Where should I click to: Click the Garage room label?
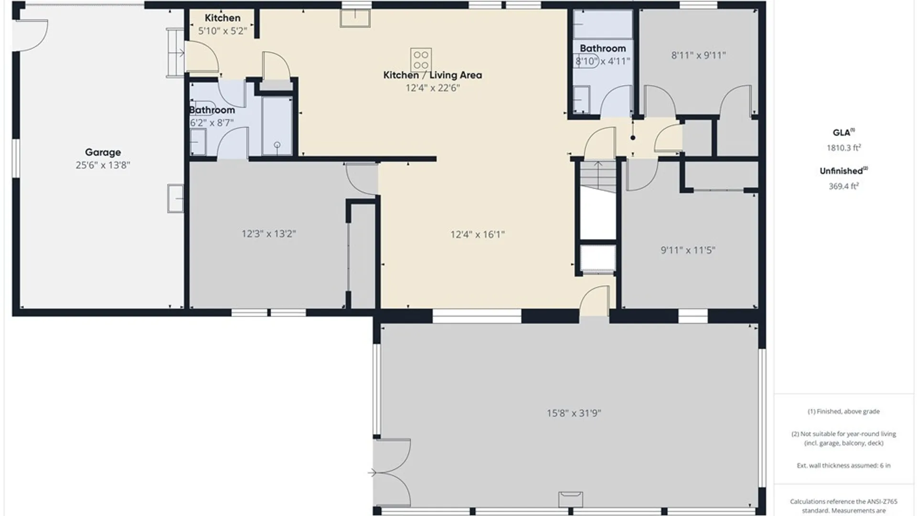103,152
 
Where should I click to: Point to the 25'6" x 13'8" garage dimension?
103,165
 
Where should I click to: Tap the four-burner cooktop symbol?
421,60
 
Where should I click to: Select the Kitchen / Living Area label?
433,75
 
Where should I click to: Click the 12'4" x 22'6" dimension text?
433,88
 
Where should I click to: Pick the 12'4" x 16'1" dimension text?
478,235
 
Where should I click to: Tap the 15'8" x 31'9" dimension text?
574,413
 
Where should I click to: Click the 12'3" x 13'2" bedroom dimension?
268,234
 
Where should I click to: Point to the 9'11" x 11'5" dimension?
688,250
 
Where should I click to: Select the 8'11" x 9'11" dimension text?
698,55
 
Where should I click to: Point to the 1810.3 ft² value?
843,148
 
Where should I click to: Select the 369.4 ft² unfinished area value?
843,186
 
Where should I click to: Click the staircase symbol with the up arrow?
598,177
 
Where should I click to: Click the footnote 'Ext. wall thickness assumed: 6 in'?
843,465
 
